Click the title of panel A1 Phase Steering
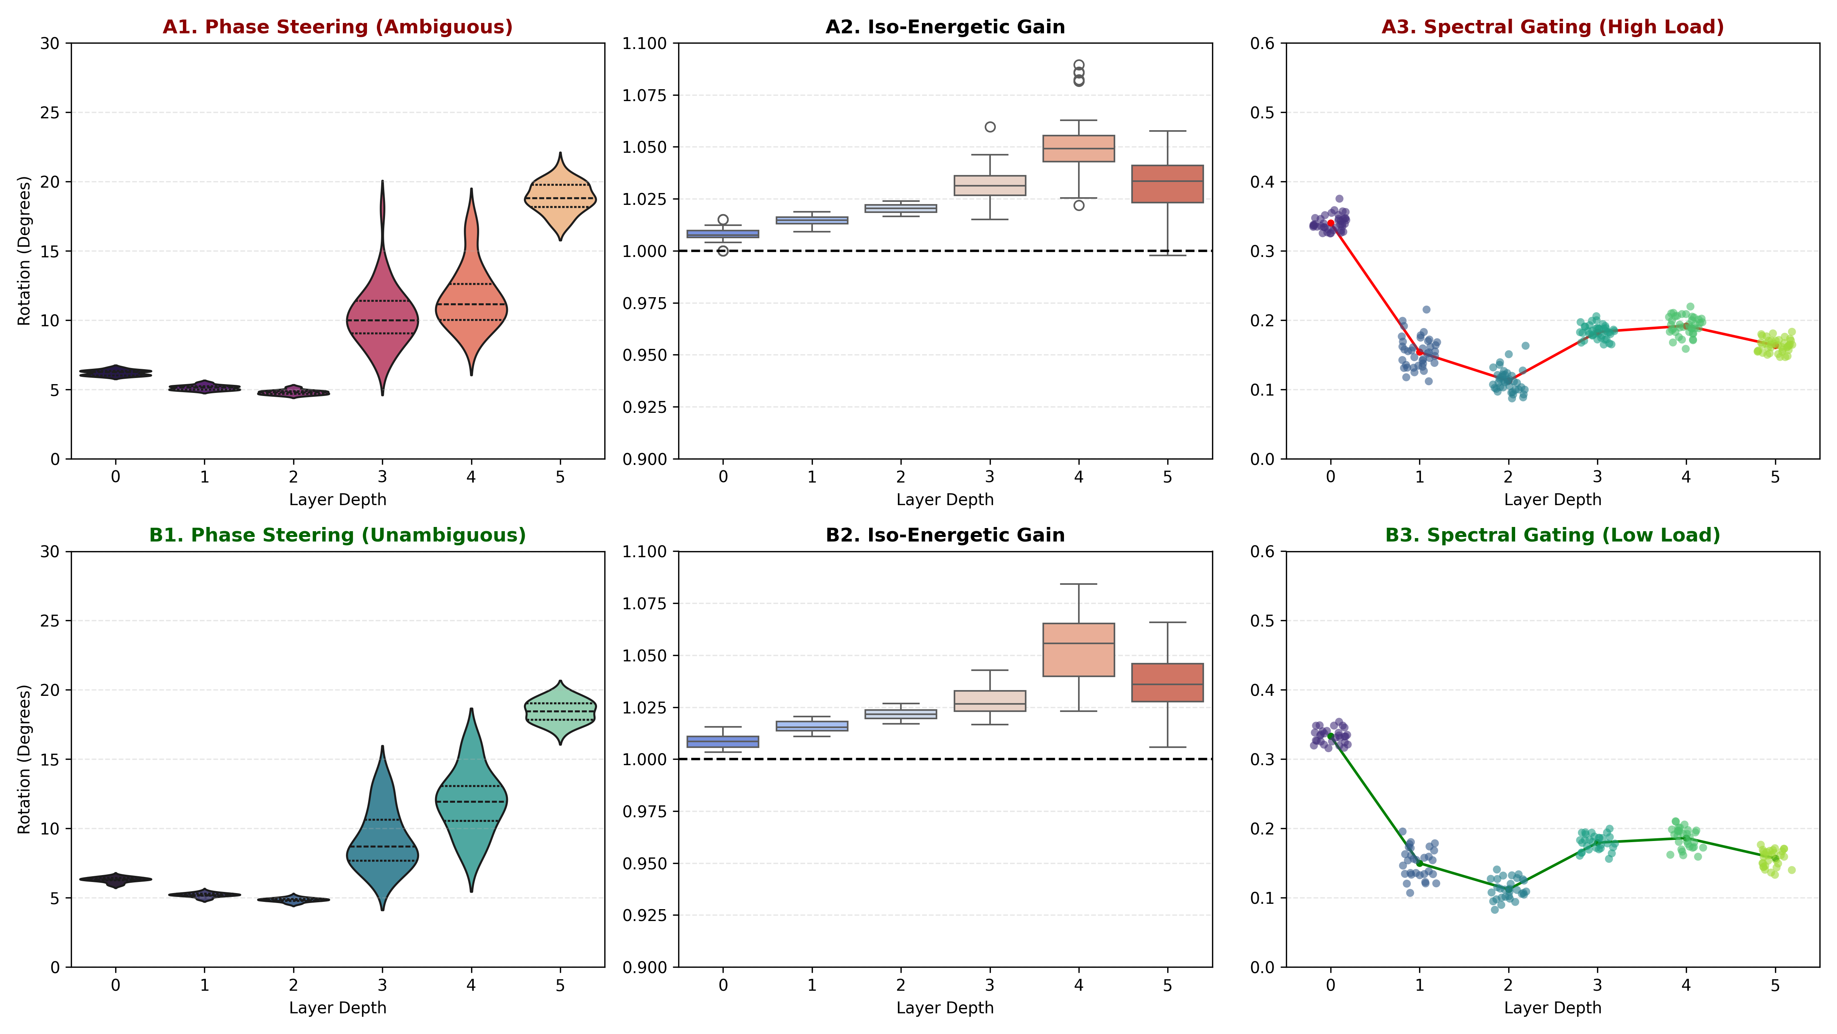337,27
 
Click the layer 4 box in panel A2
1078,149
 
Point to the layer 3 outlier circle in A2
990,127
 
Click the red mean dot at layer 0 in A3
1331,223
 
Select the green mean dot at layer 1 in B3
1419,864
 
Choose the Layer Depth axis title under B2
945,1008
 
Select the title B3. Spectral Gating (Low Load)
1553,535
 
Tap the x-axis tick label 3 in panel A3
1597,477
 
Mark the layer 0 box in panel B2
723,741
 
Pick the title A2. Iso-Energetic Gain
945,27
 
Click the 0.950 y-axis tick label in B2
644,864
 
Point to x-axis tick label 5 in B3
1775,985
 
